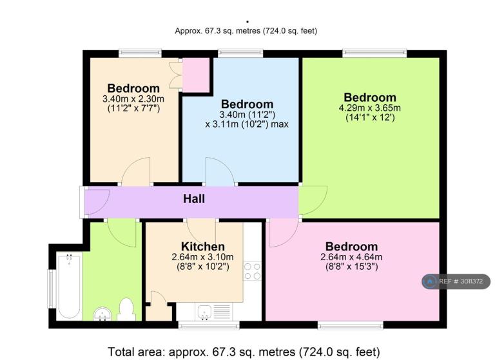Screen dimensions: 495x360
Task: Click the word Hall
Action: pos(194,199)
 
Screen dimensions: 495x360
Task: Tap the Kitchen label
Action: pos(202,247)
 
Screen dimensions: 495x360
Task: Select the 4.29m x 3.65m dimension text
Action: pos(370,108)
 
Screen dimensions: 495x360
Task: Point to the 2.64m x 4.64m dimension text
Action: pos(351,257)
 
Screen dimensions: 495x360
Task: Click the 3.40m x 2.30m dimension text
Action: pos(133,99)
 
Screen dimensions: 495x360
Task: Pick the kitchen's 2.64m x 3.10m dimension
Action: pos(202,257)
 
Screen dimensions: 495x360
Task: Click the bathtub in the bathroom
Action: pos(69,286)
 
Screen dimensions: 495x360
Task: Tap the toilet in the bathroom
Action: pos(126,310)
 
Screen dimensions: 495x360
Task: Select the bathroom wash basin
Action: pos(102,313)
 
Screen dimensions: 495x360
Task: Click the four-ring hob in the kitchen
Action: pos(252,271)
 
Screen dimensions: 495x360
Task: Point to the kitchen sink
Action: pos(204,312)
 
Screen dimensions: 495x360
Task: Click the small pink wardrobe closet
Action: pos(196,75)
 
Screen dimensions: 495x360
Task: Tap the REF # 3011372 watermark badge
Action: pos(456,281)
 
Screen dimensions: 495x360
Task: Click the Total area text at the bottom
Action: pos(244,352)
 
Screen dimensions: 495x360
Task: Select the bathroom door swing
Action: pos(122,233)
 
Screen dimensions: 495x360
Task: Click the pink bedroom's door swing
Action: pos(284,233)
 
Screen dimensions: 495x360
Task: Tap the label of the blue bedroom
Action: pos(247,104)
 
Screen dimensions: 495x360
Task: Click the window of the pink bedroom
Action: pos(351,325)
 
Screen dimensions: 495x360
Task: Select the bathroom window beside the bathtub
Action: pos(51,289)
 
